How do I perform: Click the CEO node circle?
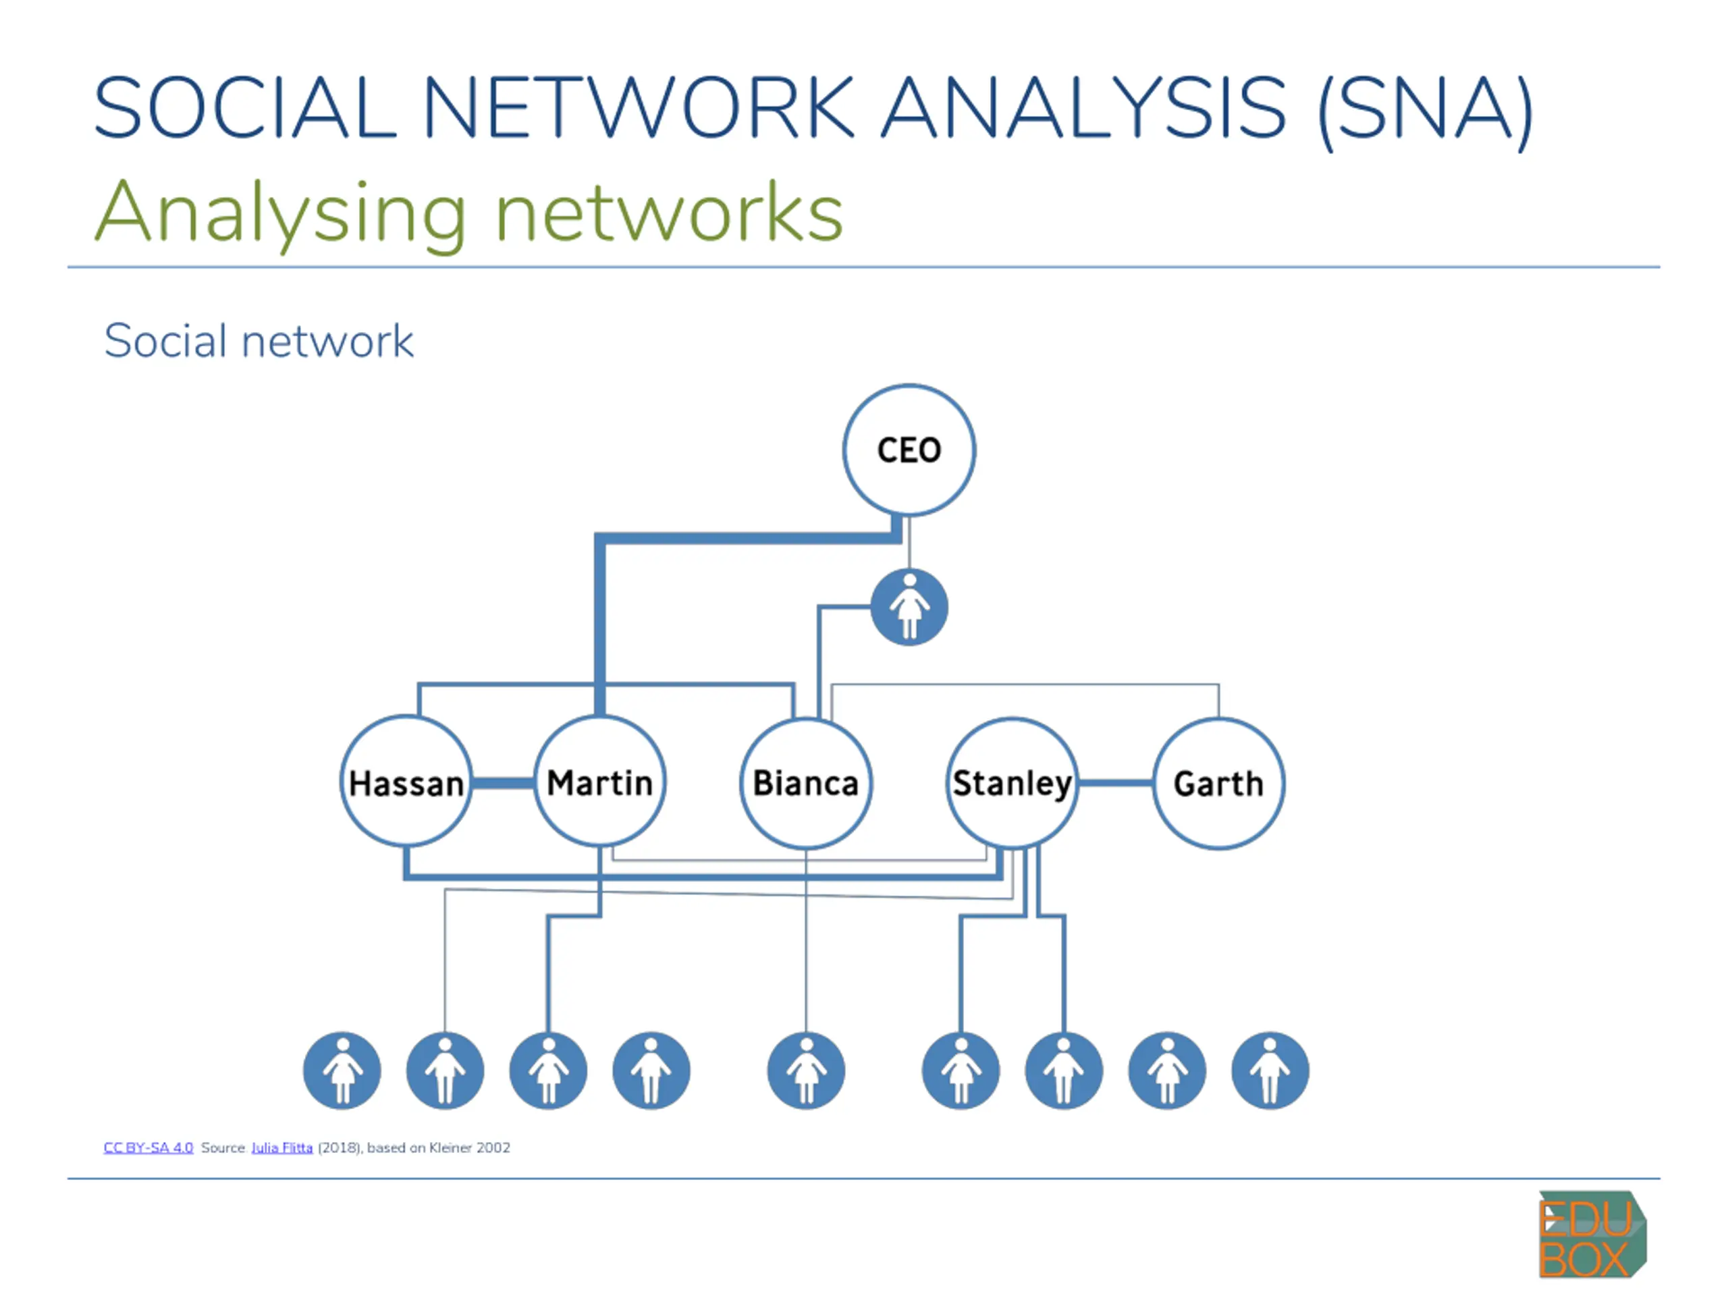pos(909,450)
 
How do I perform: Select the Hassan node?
pos(406,781)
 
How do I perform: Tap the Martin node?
pos(600,781)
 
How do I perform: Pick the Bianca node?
pos(806,783)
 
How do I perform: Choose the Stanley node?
pos(1013,783)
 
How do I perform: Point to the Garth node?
pos(1218,783)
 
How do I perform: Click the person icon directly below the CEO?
pos(909,607)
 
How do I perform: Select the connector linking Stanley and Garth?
pos(1116,782)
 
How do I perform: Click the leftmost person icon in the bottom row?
pos(342,1071)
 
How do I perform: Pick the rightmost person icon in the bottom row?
pos(1270,1071)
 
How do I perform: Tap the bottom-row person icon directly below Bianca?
pos(806,1071)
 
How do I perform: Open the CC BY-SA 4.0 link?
pos(148,1147)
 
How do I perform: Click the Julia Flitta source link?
pos(282,1147)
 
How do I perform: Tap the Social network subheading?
pos(259,341)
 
